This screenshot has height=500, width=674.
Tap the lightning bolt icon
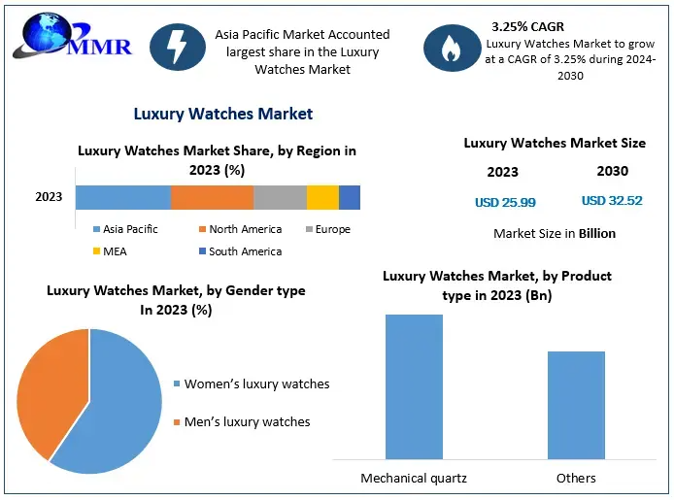tap(177, 46)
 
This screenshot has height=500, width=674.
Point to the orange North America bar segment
tap(212, 197)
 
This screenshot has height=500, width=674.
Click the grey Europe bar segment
tap(280, 197)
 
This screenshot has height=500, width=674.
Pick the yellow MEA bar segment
tap(322, 197)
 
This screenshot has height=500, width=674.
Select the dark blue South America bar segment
tap(350, 197)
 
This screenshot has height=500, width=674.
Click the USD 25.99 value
tap(505, 203)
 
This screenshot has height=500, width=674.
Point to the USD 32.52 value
tap(612, 201)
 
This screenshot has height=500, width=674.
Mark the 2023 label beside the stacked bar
tap(49, 197)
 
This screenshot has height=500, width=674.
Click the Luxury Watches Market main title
tap(223, 114)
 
